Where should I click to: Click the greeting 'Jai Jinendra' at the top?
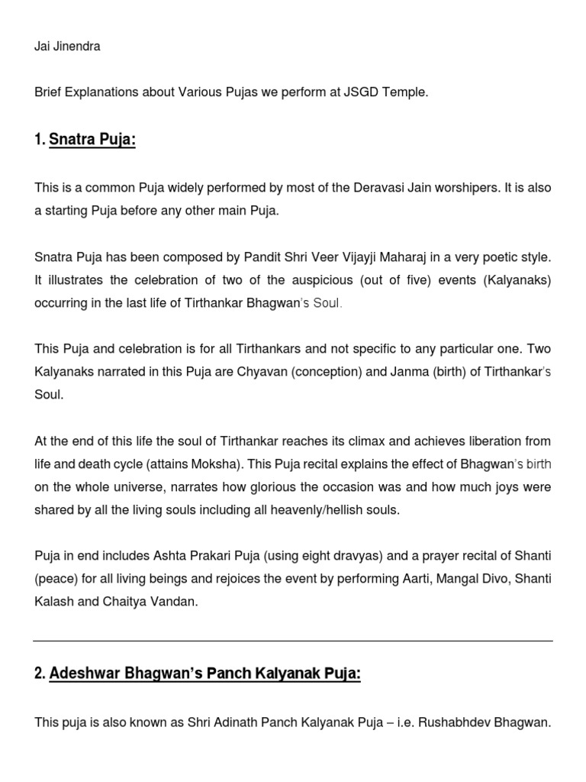tap(67, 47)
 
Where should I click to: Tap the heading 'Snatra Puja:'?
tap(92, 141)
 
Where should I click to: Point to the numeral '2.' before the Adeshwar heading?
tap(40, 674)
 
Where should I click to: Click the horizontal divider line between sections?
tap(293, 640)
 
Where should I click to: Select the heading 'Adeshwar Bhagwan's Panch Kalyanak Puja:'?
tap(204, 674)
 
